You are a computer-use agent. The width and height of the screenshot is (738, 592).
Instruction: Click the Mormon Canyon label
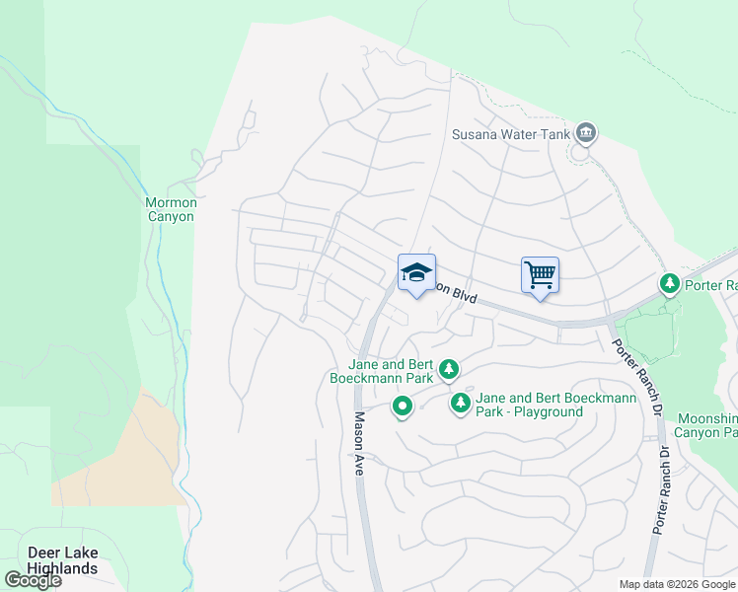click(171, 209)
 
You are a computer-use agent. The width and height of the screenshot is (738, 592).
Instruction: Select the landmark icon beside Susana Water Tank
click(586, 132)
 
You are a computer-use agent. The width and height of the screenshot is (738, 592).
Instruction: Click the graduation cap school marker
click(416, 272)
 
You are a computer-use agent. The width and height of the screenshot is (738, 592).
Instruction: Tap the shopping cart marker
click(540, 274)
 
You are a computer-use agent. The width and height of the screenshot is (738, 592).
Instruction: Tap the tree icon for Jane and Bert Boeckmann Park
click(449, 369)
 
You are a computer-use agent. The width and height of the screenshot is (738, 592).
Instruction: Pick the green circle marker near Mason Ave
click(402, 407)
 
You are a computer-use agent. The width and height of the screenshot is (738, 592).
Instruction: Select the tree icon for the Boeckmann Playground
click(460, 404)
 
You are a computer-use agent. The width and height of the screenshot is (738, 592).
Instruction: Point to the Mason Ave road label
click(359, 444)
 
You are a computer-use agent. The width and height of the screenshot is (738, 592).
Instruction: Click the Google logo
click(33, 580)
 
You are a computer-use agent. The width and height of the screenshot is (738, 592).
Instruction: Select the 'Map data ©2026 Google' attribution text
click(676, 584)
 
